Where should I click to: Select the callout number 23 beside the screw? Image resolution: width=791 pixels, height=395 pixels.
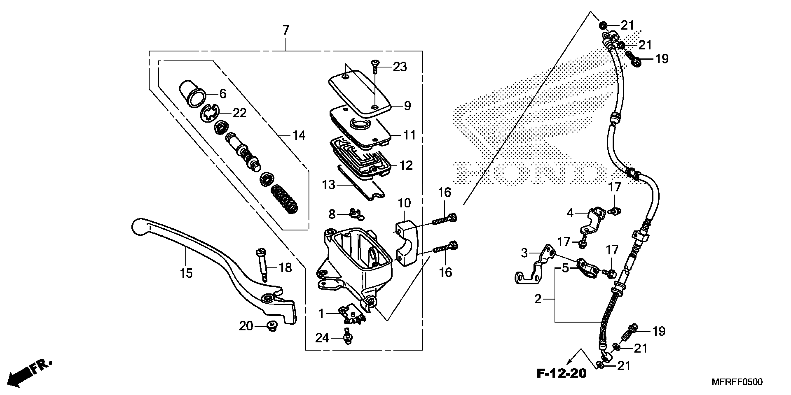pyautogui.click(x=400, y=67)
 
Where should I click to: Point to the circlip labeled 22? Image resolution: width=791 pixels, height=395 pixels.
pyautogui.click(x=209, y=115)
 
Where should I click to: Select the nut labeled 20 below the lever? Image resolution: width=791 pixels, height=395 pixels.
pyautogui.click(x=271, y=326)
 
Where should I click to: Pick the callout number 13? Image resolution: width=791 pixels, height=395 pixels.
pyautogui.click(x=328, y=185)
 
